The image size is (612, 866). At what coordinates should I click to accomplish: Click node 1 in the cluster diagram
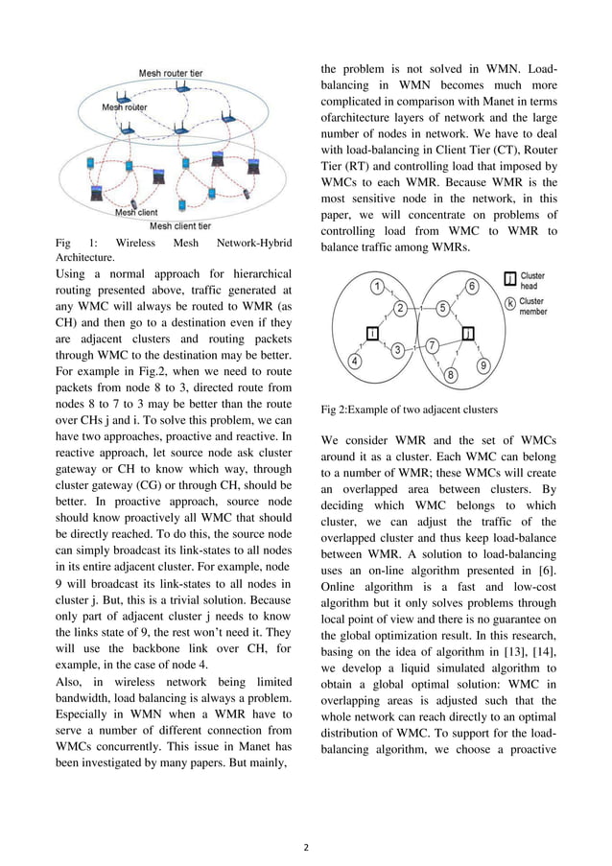coord(378,287)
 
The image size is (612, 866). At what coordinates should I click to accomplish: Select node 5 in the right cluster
coord(443,308)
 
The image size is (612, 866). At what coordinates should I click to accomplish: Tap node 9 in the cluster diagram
coord(483,365)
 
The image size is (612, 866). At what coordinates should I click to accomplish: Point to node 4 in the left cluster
coord(355,362)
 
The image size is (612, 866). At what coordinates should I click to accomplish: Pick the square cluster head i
coord(371,333)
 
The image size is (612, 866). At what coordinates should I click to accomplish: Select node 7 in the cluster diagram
coord(433,345)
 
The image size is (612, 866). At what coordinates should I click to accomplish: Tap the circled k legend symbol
coord(510,304)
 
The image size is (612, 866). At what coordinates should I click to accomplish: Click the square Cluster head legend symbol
coord(510,280)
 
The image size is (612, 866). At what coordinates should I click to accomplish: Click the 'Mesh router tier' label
coord(171,74)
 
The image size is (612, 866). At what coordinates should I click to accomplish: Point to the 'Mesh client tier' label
coord(180,226)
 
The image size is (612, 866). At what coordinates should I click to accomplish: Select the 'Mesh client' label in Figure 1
coord(137,212)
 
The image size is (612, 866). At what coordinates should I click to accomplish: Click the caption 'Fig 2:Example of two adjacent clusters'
coord(409,409)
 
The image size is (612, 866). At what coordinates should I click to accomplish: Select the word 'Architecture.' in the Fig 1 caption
coord(85,258)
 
